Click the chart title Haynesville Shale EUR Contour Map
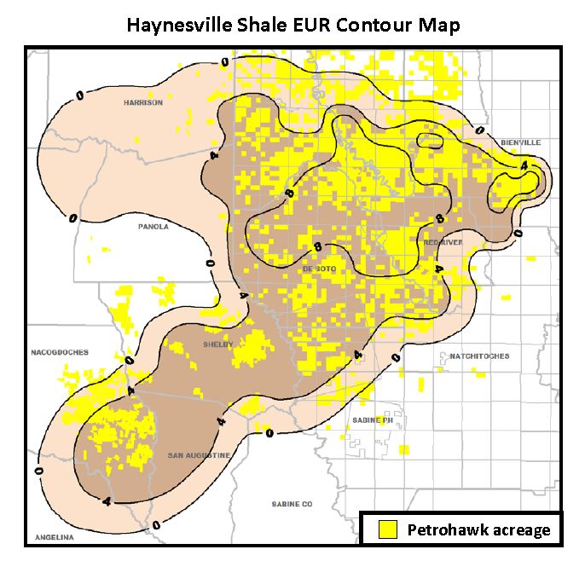pyautogui.click(x=292, y=25)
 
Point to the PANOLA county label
pyautogui.click(x=153, y=227)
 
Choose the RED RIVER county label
pyautogui.click(x=441, y=243)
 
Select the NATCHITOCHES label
pyautogui.click(x=479, y=356)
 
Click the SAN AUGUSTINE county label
pyautogui.click(x=198, y=455)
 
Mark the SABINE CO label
pyautogui.click(x=292, y=504)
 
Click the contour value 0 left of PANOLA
pyautogui.click(x=74, y=218)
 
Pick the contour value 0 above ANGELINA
pyautogui.click(x=38, y=469)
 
